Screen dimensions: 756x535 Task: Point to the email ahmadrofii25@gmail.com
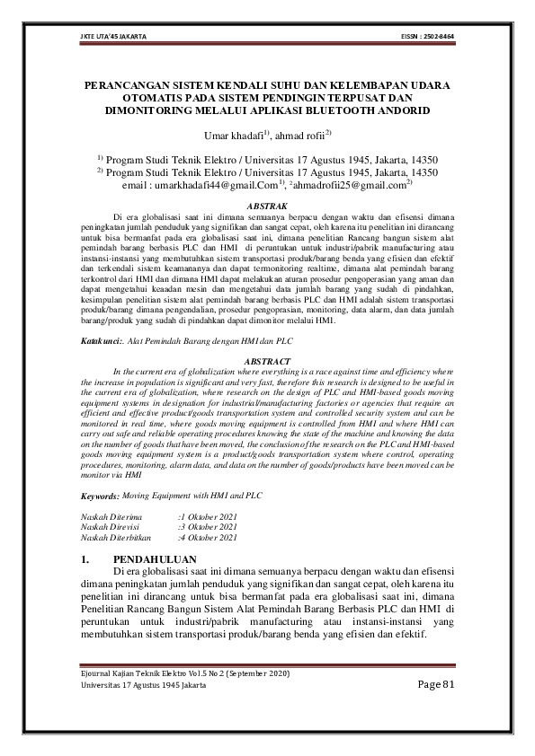tap(350, 184)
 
